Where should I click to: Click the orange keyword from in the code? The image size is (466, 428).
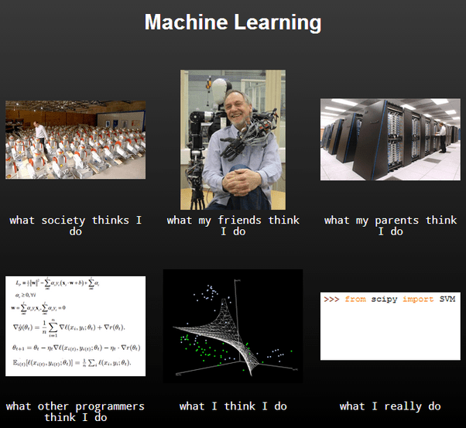click(355, 299)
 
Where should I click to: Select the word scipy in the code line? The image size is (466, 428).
click(384, 299)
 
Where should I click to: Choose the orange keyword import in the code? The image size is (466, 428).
click(418, 299)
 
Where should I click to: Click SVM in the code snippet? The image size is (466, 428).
click(447, 299)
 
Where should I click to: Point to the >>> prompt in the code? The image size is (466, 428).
click(331, 299)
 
